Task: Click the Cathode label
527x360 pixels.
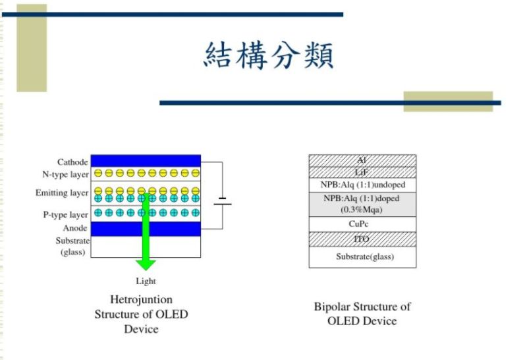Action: click(x=72, y=162)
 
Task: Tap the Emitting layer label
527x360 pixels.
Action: click(x=62, y=193)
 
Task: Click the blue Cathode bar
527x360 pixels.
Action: click(x=145, y=161)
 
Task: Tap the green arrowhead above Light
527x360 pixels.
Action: click(x=146, y=264)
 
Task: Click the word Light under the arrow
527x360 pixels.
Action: click(x=146, y=282)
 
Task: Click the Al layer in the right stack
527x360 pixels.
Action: click(x=362, y=160)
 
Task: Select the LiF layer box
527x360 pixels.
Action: click(x=362, y=172)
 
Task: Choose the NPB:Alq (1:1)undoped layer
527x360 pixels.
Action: click(x=362, y=185)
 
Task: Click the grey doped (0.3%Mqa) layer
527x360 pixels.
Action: click(x=362, y=204)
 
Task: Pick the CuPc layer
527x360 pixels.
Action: click(x=362, y=224)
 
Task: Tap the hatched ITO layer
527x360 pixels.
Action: click(x=362, y=239)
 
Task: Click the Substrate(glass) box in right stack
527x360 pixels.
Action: click(x=362, y=256)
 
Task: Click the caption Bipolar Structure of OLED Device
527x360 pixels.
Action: click(x=362, y=314)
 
